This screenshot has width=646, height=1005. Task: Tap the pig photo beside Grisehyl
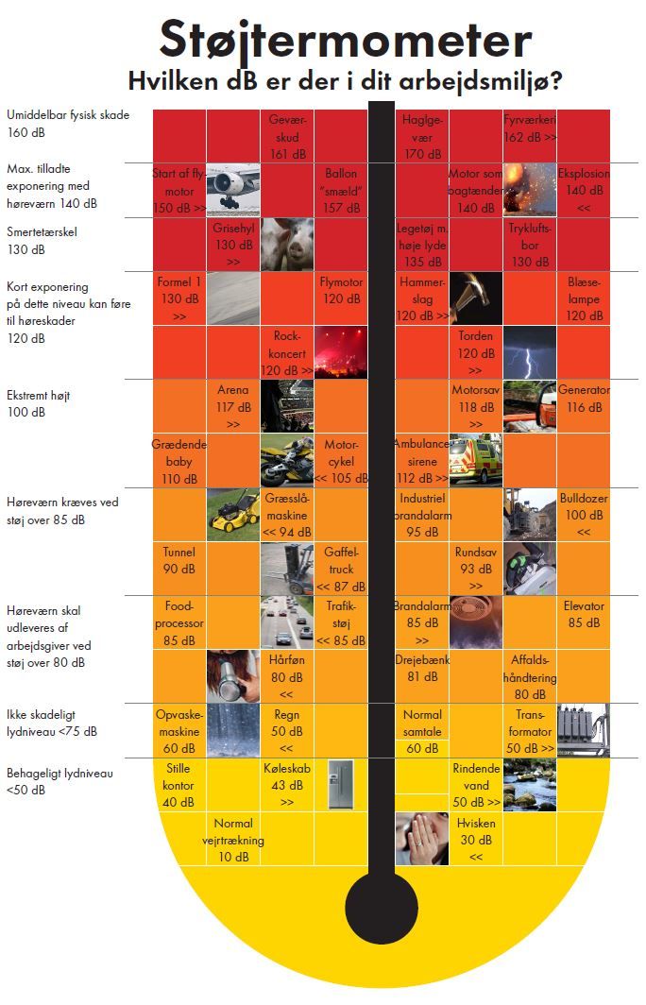coord(287,244)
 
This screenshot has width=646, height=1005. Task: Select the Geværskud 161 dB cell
coord(287,136)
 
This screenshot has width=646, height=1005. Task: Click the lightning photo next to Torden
coord(530,352)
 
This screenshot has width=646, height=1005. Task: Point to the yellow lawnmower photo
coord(233,514)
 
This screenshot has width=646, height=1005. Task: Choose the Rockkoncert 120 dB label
coord(287,352)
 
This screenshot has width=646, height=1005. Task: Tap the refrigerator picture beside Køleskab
coord(340,784)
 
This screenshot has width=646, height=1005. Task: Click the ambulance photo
coord(475,460)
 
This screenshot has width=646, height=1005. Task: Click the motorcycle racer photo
coord(287,460)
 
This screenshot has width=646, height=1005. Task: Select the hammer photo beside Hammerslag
coord(475,298)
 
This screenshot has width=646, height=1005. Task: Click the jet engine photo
coord(233,190)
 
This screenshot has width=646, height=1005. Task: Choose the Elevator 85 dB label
coord(584,614)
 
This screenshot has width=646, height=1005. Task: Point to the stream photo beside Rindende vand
coord(530,784)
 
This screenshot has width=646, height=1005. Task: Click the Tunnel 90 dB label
coord(179,560)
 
